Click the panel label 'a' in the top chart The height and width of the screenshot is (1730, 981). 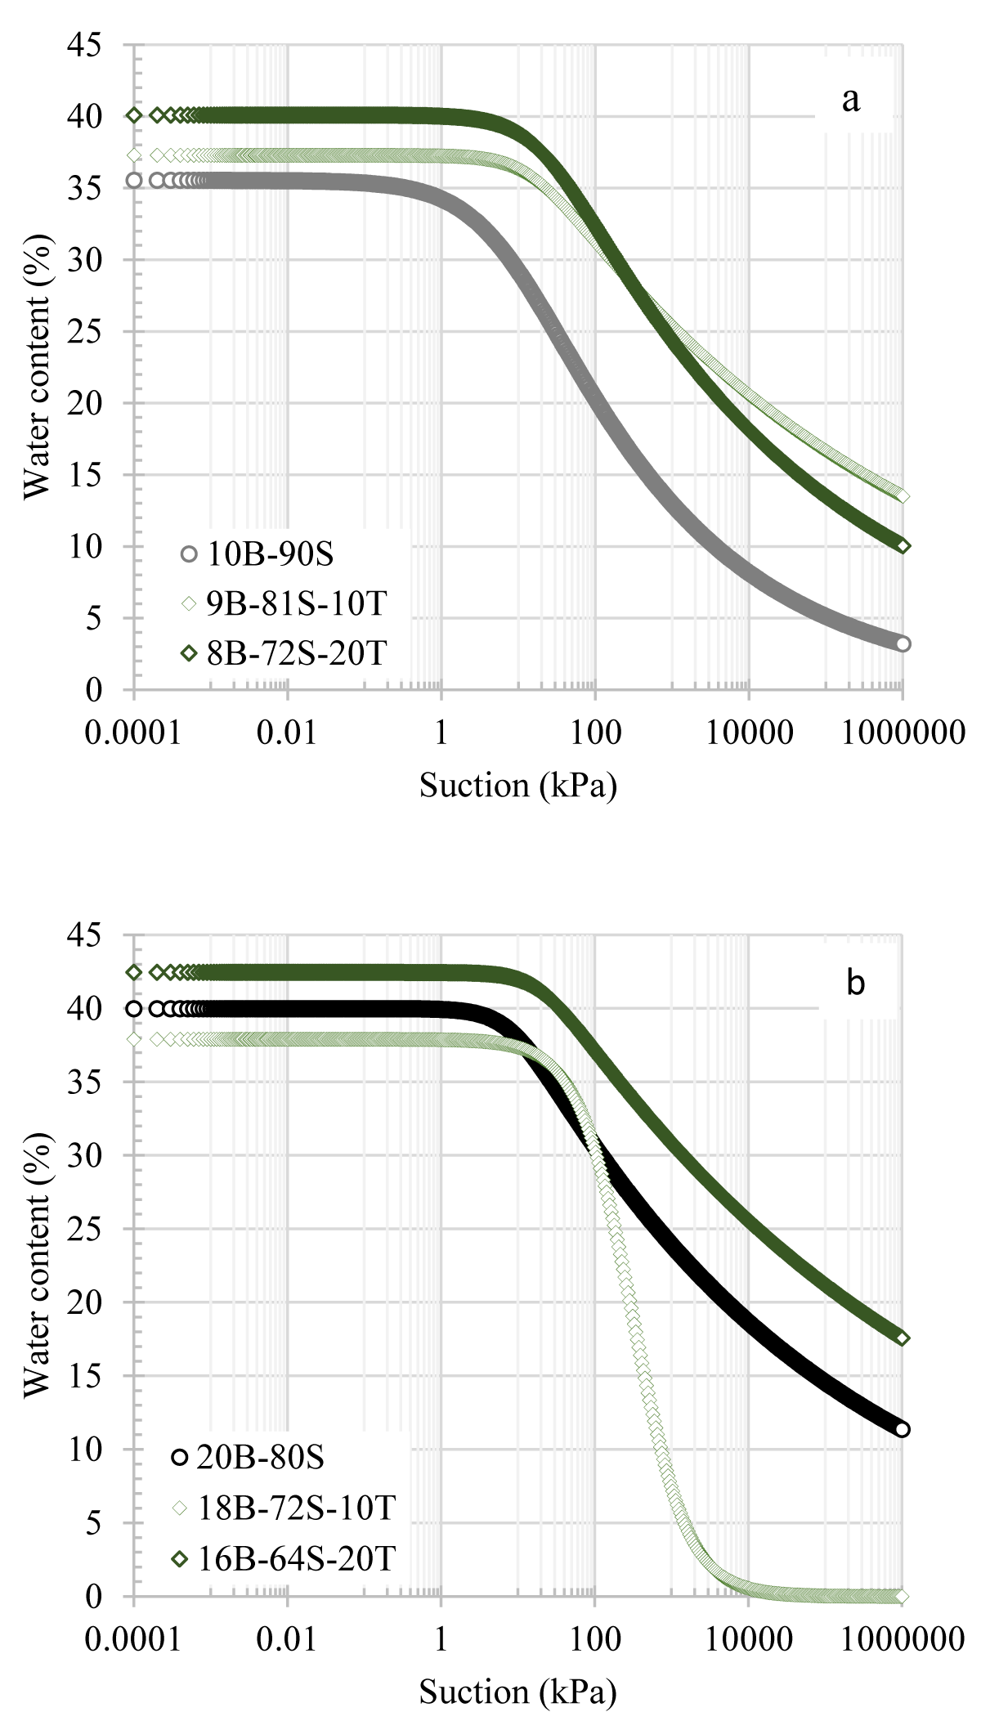tap(850, 100)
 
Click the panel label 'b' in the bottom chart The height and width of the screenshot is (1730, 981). tap(855, 983)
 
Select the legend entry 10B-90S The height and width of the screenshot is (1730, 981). tap(270, 554)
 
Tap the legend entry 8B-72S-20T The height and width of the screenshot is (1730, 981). tap(296, 653)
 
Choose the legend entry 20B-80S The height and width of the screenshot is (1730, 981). tap(260, 1457)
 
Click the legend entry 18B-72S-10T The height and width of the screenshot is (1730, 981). tap(296, 1508)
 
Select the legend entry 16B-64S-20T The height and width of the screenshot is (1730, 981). tap(296, 1558)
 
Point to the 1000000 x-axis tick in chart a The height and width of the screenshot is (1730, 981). tap(903, 732)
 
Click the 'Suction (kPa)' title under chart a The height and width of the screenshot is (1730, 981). tap(517, 785)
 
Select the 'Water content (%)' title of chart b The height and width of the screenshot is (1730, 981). tap(36, 1266)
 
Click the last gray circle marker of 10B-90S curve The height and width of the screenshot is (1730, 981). tap(903, 643)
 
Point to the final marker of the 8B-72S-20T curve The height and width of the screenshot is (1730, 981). tap(903, 546)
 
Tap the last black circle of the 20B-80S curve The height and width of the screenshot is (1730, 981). tap(903, 1430)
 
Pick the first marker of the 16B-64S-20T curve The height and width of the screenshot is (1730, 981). tap(134, 972)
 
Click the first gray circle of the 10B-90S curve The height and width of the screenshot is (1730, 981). tap(134, 180)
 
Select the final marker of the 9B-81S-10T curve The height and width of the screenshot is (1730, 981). tap(903, 495)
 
